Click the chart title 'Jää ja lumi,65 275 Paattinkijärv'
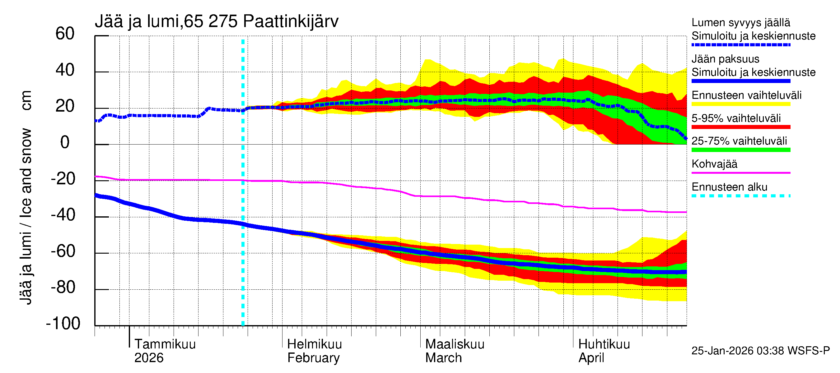(x=217, y=21)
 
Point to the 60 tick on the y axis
(x=65, y=34)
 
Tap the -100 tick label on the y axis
(x=63, y=324)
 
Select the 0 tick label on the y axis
(x=65, y=143)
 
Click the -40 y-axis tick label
(x=63, y=215)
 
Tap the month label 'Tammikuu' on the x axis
(x=165, y=344)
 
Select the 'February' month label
(x=313, y=358)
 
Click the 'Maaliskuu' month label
(x=455, y=344)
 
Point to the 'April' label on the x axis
(x=591, y=358)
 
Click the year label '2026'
(x=149, y=358)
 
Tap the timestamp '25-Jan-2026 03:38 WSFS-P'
(x=760, y=351)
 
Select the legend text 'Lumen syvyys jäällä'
(x=740, y=23)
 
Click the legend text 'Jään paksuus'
(x=725, y=59)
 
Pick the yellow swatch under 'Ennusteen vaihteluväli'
(x=740, y=104)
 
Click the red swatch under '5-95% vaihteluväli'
(x=740, y=127)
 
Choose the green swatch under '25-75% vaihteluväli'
(x=740, y=150)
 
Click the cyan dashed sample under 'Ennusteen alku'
(x=740, y=196)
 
